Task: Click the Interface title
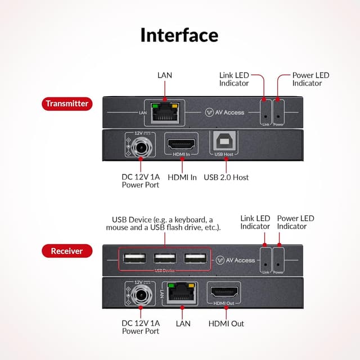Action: pyautogui.click(x=179, y=35)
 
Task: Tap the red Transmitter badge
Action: pyautogui.click(x=67, y=103)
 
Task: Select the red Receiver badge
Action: pyautogui.click(x=67, y=251)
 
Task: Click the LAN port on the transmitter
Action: pyautogui.click(x=165, y=112)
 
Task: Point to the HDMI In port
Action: pyautogui.click(x=182, y=143)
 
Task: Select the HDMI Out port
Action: pyautogui.click(x=224, y=292)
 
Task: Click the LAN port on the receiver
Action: pyautogui.click(x=182, y=292)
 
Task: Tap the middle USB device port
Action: pyautogui.click(x=165, y=259)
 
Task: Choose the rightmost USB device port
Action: pyautogui.click(x=194, y=259)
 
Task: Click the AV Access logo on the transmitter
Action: pyautogui.click(x=225, y=112)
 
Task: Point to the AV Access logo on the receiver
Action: pyautogui.click(x=236, y=260)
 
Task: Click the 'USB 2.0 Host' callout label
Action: pyautogui.click(x=226, y=177)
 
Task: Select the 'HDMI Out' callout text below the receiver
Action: pyautogui.click(x=226, y=323)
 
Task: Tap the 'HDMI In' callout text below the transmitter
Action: pyautogui.click(x=182, y=177)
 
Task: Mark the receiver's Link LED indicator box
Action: pyautogui.click(x=265, y=260)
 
